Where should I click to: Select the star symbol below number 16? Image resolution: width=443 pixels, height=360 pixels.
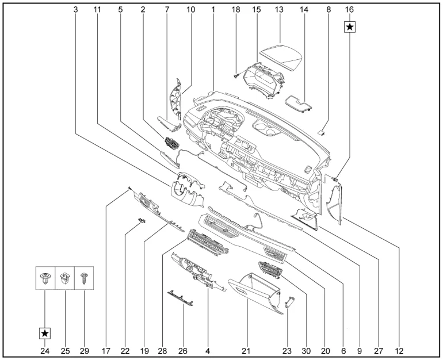coord(350,27)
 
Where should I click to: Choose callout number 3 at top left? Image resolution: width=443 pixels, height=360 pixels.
coord(75,10)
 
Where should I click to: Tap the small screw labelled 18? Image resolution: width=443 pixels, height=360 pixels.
coord(236,75)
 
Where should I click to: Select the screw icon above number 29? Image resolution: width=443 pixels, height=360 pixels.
coord(84,279)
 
